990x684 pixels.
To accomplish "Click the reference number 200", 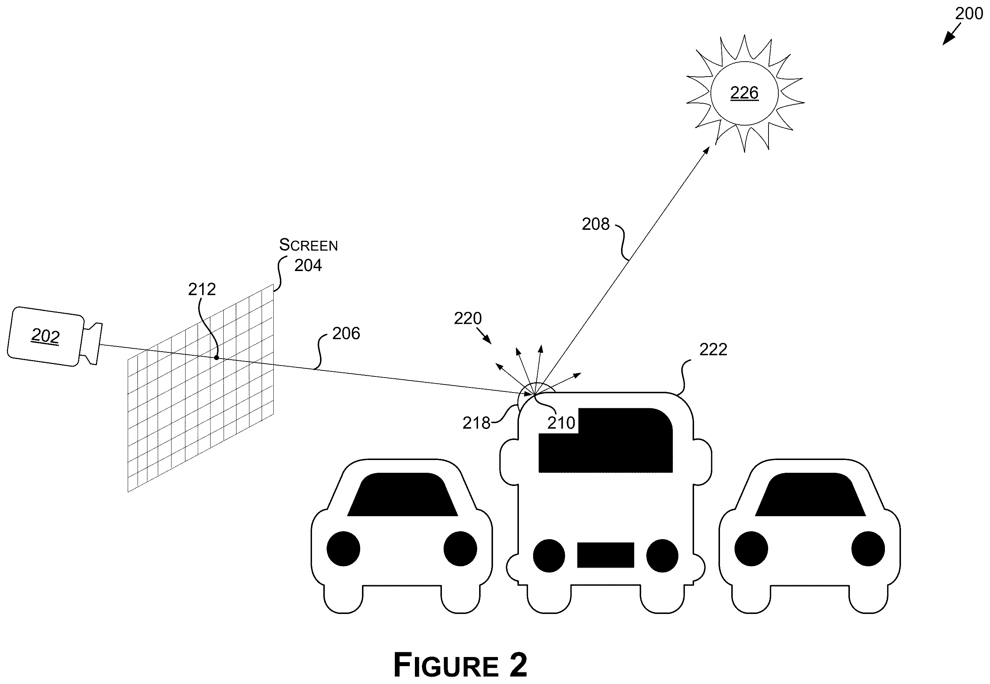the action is (968, 14).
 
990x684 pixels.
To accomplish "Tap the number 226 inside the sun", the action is (744, 93).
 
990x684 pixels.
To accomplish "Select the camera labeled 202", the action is (55, 336).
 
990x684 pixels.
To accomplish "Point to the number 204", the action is (308, 265).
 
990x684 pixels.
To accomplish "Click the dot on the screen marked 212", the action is (216, 358).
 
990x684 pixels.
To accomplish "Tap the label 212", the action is (202, 290).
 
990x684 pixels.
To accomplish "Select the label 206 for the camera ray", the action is (346, 333).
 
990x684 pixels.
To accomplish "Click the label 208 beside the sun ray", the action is (596, 224).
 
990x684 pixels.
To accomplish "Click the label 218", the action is (476, 423).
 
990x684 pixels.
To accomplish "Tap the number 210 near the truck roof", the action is (561, 423).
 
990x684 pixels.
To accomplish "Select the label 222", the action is (713, 350).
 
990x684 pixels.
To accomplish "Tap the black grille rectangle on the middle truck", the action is (606, 555).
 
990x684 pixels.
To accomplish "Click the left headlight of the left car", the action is (343, 549).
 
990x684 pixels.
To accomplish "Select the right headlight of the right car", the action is (868, 549).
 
